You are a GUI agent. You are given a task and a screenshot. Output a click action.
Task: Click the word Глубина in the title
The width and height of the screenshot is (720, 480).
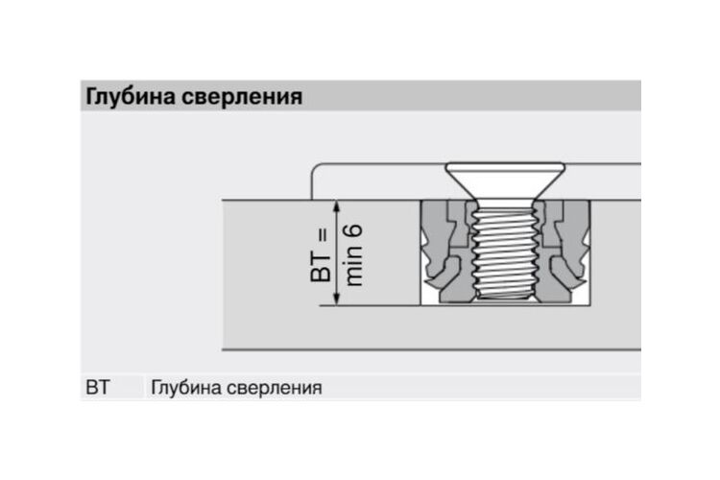point(131,97)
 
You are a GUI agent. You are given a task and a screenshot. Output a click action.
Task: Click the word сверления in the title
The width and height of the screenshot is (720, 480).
point(242,97)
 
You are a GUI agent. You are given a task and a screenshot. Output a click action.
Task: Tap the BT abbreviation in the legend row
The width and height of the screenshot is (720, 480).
point(97,387)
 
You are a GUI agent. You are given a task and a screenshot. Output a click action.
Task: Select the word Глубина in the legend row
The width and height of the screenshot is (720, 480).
point(186,388)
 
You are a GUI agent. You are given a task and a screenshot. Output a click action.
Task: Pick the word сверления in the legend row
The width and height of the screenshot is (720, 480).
point(275,388)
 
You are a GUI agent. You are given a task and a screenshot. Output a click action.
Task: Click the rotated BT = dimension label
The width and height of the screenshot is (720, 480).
point(321,255)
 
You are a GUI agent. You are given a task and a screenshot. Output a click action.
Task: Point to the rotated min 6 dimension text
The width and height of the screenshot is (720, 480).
point(353,255)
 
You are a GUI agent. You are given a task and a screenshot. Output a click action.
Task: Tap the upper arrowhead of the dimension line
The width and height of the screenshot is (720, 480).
point(337,206)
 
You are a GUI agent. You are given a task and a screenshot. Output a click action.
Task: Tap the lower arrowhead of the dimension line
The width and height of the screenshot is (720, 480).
point(337,300)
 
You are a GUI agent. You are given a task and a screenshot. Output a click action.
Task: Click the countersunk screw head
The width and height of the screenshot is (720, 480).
point(505,180)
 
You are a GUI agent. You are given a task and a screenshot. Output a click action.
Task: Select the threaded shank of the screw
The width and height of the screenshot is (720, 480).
point(505,251)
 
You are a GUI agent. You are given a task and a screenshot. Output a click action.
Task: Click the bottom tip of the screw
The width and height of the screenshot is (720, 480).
point(505,300)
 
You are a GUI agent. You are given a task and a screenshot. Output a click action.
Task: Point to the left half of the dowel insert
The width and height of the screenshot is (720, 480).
point(446,252)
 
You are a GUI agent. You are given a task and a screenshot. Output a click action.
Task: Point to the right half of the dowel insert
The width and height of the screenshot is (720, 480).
point(563,252)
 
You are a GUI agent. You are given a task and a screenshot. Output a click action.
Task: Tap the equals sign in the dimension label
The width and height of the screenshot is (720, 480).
point(323,235)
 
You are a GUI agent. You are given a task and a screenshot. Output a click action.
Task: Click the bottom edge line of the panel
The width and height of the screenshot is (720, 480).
point(432,350)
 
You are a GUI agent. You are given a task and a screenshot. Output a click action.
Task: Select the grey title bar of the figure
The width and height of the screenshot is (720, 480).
point(361,96)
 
